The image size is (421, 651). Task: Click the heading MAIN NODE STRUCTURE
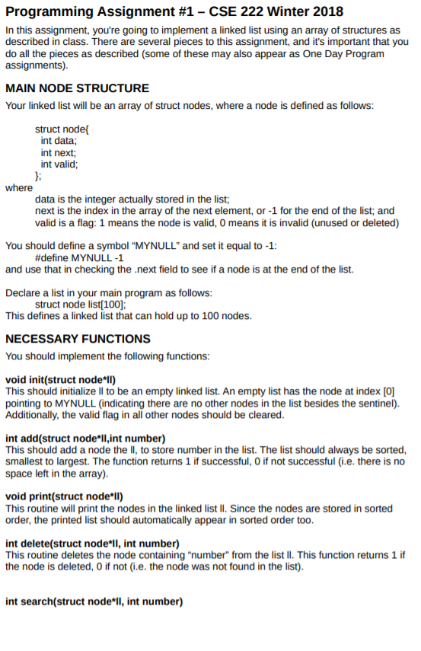click(x=77, y=88)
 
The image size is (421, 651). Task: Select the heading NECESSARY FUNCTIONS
click(x=78, y=338)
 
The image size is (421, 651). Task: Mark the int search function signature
click(x=94, y=602)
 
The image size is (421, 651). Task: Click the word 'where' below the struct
click(x=19, y=187)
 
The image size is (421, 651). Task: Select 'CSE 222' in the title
click(x=218, y=11)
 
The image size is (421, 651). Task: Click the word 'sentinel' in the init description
click(x=375, y=403)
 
